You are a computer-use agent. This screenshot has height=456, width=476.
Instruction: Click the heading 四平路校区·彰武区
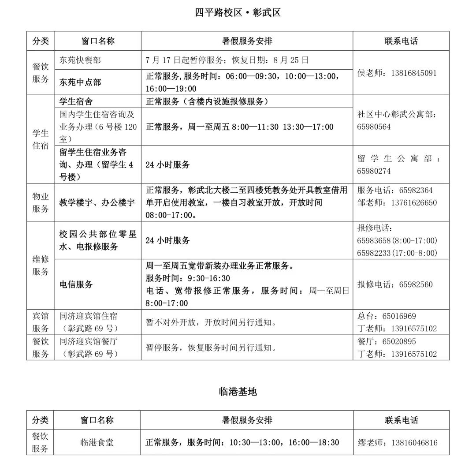238,12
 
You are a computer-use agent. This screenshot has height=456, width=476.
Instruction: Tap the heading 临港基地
238,391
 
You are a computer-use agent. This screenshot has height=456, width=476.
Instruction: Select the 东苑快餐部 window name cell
80,60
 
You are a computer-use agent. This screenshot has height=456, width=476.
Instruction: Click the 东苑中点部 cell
80,82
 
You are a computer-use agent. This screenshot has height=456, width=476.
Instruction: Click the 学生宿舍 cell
76,101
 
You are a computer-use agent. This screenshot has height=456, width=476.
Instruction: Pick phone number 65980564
374,127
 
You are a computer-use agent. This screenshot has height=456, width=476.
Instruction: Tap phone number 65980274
374,171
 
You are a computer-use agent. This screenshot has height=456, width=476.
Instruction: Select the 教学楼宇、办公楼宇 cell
97,203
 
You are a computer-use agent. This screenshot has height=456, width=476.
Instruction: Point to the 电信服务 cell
76,284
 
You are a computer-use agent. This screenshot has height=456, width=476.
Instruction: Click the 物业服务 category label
41,202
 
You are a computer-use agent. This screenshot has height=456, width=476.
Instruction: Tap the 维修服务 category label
41,265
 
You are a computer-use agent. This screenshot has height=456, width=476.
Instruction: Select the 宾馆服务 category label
41,322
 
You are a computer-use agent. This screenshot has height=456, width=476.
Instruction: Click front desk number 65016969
399,316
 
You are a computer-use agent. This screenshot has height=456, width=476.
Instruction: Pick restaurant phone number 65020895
399,341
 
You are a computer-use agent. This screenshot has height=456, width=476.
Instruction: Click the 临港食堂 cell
97,442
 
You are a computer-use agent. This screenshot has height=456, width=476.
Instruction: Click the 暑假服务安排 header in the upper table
247,41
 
